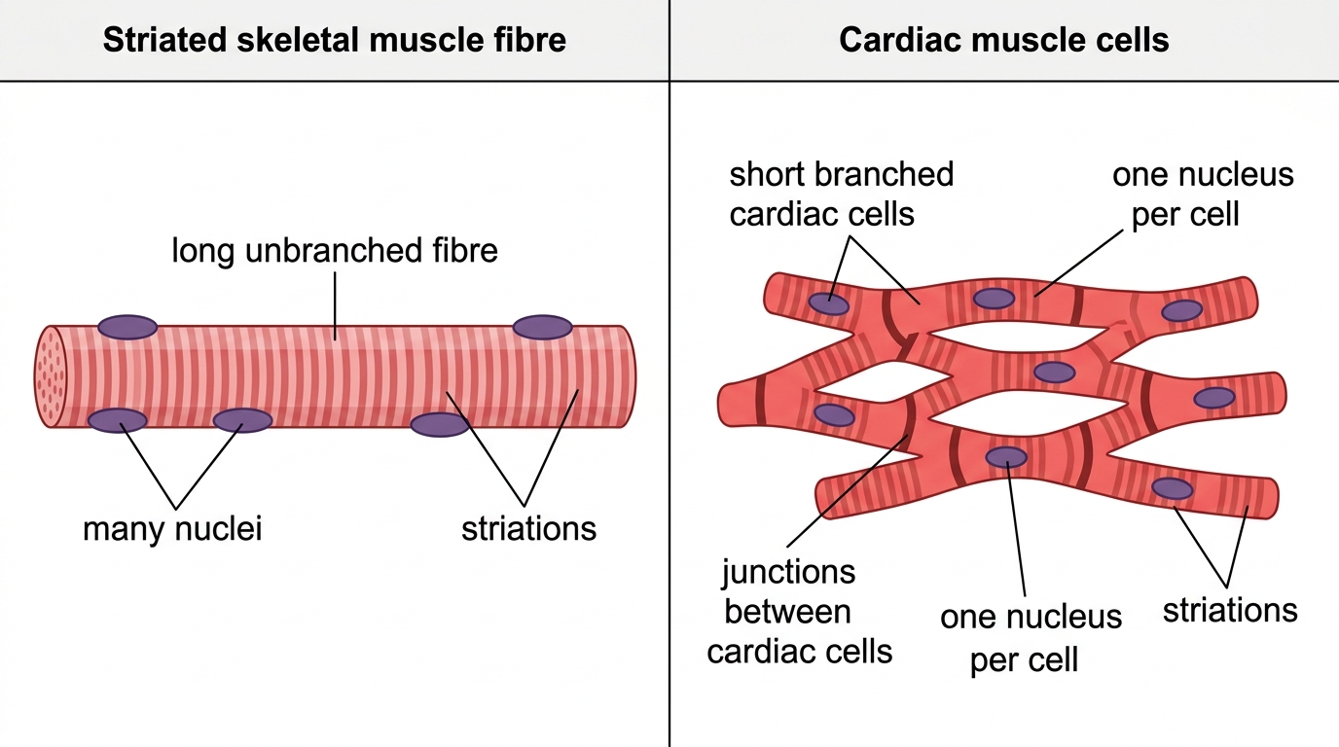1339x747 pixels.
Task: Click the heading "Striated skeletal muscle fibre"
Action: click(x=334, y=40)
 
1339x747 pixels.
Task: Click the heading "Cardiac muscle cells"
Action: click(x=1003, y=40)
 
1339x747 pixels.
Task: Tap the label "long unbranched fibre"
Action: click(x=334, y=250)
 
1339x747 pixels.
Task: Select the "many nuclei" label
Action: click(x=172, y=529)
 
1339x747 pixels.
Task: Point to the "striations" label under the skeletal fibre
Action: click(x=528, y=529)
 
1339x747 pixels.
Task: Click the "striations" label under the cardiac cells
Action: click(x=1230, y=610)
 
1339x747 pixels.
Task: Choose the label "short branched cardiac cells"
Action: click(x=841, y=195)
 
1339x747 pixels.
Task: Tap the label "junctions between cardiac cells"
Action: click(x=799, y=612)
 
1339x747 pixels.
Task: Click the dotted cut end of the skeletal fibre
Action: click(x=51, y=376)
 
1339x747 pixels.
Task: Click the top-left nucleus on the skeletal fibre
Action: click(x=127, y=327)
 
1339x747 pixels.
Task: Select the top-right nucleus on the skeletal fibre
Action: click(x=542, y=327)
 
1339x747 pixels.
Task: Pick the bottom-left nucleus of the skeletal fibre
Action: click(x=117, y=420)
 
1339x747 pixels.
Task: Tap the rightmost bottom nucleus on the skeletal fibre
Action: click(x=440, y=424)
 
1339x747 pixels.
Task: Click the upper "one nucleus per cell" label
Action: click(x=1203, y=195)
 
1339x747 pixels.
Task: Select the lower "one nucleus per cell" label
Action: click(x=1031, y=638)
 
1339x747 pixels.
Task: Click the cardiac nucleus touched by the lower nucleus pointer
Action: click(x=1006, y=457)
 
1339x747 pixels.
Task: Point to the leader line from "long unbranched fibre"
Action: click(x=335, y=306)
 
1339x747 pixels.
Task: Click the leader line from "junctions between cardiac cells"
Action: click(x=847, y=490)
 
